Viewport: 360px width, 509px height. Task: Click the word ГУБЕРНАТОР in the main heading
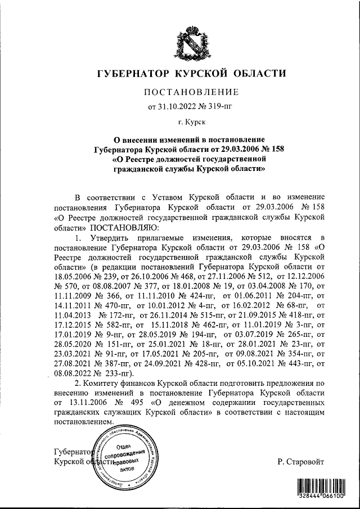click(134, 74)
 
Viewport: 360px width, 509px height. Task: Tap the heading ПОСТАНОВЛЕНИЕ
click(192, 92)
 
